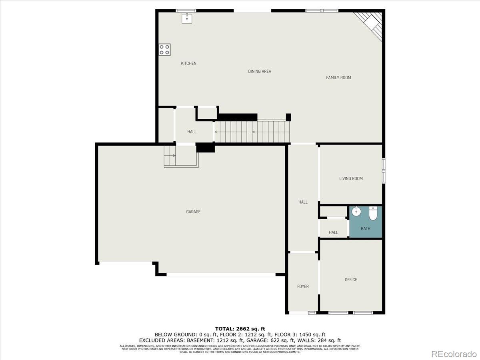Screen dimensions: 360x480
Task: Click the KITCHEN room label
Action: coord(188,63)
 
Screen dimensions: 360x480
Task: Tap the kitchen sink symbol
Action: coord(187,18)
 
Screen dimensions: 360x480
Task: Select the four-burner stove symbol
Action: coord(164,50)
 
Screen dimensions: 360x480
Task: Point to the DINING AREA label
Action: coord(260,71)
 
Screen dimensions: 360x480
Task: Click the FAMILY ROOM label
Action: coord(338,78)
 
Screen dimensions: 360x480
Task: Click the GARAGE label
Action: coord(193,212)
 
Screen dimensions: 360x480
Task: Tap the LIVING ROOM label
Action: coord(351,178)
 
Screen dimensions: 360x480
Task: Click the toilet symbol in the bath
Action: coord(373,214)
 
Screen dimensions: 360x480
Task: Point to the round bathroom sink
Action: coord(356,212)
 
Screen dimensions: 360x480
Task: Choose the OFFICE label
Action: coord(351,280)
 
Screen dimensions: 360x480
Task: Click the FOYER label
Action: coord(303,286)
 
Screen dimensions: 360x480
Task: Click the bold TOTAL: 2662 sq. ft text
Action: coord(240,329)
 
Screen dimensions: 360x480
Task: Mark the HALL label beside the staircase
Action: coord(192,132)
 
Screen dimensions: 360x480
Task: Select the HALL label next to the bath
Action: coord(333,232)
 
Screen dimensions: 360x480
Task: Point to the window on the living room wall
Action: coord(383,171)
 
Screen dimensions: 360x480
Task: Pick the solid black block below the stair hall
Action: coord(205,148)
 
